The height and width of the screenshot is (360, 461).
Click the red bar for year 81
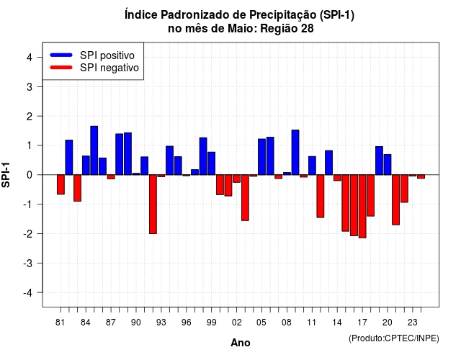coord(61,184)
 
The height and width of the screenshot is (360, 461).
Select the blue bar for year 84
coord(86,166)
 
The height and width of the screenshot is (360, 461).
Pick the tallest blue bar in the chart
coord(94,150)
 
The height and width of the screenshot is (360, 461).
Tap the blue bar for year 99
coord(211,163)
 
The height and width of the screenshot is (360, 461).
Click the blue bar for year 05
coord(261,157)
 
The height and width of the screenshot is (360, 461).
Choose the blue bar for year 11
coord(312,166)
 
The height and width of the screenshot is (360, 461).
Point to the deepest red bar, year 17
coord(362,207)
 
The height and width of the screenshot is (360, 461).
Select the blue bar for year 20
coord(388,165)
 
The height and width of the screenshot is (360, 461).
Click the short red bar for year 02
coord(237,179)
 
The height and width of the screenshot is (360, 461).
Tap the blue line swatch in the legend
coord(61,55)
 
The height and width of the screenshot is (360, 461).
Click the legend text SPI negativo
coord(109,68)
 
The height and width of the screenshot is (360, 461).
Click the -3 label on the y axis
coord(28,264)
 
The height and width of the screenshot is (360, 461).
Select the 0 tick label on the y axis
coord(30,175)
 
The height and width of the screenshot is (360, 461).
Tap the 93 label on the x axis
coord(161,323)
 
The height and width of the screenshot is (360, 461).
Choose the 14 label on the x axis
coord(337,323)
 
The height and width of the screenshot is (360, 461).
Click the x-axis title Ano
coord(241,343)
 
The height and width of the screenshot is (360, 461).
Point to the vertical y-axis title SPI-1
coord(6,175)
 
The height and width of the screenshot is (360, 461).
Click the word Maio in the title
coord(238,29)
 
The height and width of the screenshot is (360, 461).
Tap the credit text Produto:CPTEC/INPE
coord(394,338)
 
